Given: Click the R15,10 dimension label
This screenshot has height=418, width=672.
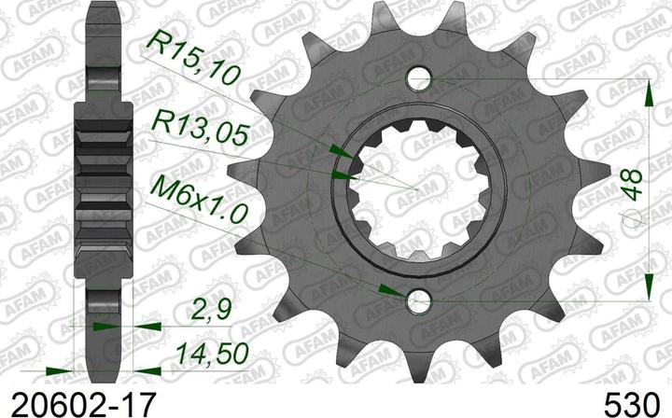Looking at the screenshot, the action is point(191,58).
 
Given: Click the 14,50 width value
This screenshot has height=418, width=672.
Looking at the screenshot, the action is point(212,355).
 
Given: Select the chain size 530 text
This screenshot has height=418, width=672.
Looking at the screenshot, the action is point(630,403).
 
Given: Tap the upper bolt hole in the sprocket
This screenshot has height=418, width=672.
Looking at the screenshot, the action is point(420,78).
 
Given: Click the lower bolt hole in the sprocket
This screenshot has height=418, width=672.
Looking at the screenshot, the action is point(420,301).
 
